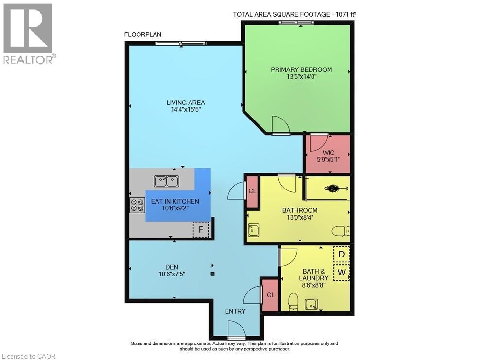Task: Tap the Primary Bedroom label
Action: [x=301, y=69]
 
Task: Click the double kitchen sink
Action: [x=166, y=181]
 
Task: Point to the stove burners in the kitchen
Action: [x=137, y=205]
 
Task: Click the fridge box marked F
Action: [x=201, y=229]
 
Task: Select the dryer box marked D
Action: [x=341, y=254]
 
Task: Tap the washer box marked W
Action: [x=341, y=273]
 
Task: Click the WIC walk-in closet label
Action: [x=328, y=153]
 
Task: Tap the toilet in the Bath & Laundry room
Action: [x=293, y=302]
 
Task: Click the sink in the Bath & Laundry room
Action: [x=311, y=305]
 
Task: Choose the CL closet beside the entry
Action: [x=270, y=295]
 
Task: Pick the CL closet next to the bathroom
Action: [x=252, y=191]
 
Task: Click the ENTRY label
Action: [x=235, y=311]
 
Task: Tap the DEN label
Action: [x=172, y=267]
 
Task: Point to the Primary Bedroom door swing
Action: [x=280, y=125]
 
